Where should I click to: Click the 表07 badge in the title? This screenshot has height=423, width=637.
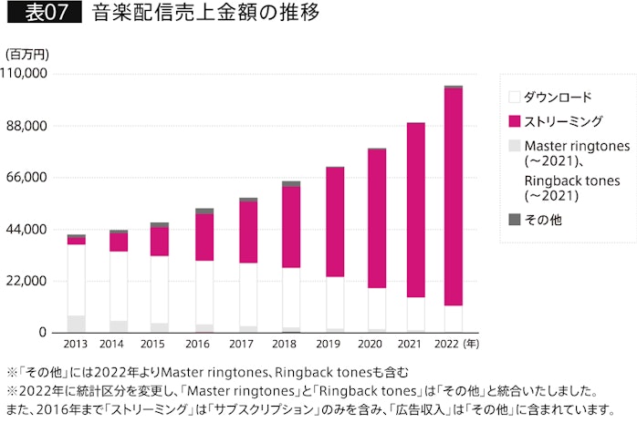(44, 15)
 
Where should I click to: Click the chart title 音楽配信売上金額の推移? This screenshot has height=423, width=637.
(205, 15)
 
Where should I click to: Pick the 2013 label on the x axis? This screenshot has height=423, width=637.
(76, 345)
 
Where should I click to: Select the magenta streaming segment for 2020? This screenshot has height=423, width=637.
(377, 219)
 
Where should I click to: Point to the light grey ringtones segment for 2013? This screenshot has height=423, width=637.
(76, 324)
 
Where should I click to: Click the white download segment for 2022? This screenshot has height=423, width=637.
(453, 318)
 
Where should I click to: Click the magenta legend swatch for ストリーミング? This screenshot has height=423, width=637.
(514, 120)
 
